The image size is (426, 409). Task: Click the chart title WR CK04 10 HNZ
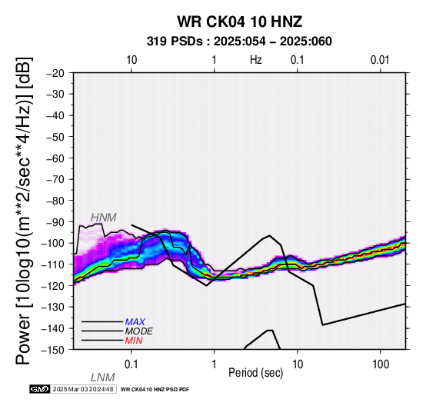click(240, 22)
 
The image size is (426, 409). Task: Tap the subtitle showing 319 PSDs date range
click(239, 42)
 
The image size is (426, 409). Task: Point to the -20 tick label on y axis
click(55, 73)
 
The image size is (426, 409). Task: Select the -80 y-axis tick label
click(55, 201)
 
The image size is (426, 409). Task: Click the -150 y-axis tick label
click(53, 350)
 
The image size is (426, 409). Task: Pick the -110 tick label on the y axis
click(53, 264)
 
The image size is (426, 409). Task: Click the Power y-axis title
click(23, 211)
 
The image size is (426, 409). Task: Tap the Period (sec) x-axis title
click(255, 373)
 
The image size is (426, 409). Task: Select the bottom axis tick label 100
click(381, 364)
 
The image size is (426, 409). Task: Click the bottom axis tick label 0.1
click(131, 364)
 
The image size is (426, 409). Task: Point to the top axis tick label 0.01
click(380, 60)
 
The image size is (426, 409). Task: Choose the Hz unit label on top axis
click(255, 60)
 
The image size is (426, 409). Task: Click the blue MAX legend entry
click(135, 322)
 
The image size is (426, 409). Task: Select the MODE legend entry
click(139, 331)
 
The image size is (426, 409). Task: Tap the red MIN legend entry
click(134, 341)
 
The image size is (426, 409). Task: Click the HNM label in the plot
click(104, 218)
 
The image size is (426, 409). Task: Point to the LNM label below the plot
click(103, 377)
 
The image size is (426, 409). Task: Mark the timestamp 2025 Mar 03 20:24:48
click(83, 390)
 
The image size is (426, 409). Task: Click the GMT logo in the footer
click(40, 390)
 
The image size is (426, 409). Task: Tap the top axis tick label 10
click(131, 60)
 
